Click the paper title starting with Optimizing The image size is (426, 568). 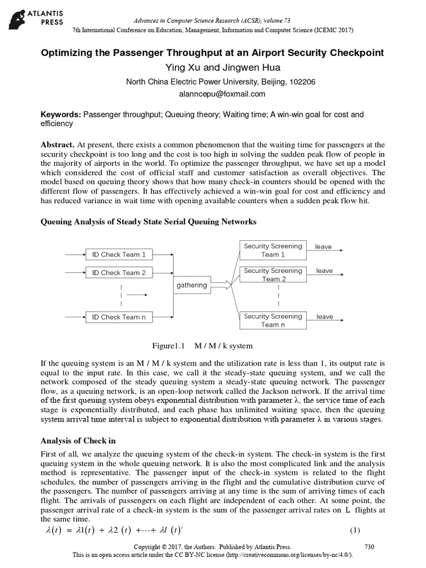[212, 53]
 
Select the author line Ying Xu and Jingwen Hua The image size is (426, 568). [212, 67]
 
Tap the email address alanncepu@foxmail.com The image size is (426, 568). [212, 94]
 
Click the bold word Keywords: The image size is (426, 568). [61, 115]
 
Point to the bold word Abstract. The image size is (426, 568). [58, 144]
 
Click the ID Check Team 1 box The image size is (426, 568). [119, 255]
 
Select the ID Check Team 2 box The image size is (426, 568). [119, 273]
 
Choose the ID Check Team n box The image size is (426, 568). [119, 317]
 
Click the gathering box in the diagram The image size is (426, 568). [191, 285]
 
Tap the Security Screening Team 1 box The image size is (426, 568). [273, 250]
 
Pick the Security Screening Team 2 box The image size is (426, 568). [273, 275]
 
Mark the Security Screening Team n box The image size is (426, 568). [273, 321]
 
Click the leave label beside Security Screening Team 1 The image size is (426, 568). [324, 246]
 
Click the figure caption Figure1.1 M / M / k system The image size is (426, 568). [198, 346]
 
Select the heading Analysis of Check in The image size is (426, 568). [78, 441]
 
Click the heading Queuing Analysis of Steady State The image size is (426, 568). [149, 222]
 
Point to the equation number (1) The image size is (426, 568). [354, 531]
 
